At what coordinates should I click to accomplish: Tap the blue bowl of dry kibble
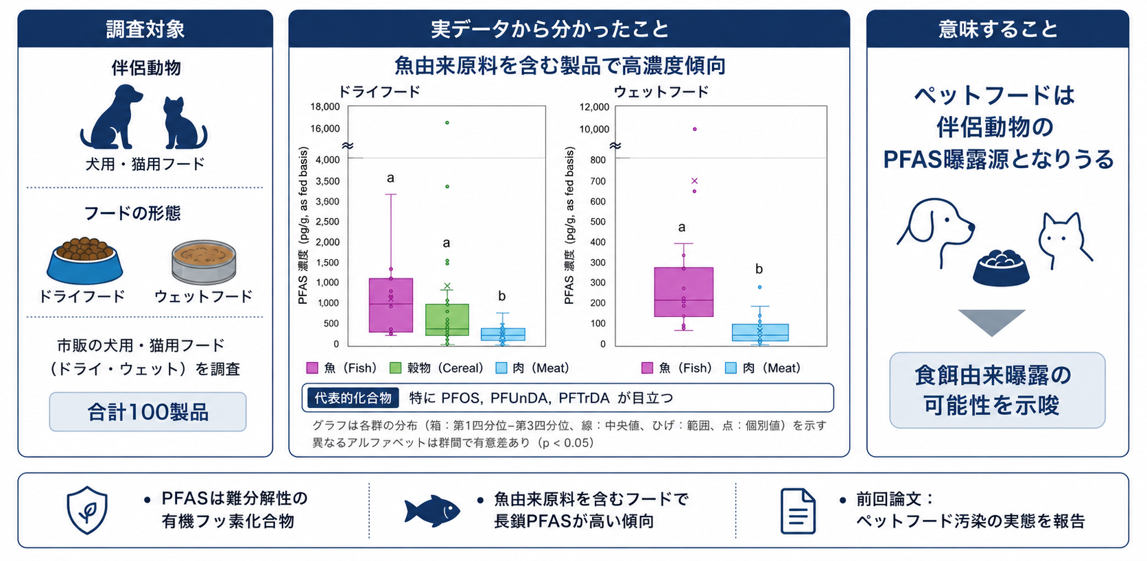pos(84,261)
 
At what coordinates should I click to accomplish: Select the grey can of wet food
pos(204,261)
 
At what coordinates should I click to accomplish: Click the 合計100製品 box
pos(147,411)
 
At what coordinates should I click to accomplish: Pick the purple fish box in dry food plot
pos(391,305)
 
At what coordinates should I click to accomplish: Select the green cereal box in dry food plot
pos(447,320)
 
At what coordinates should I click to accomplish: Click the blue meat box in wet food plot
pos(760,332)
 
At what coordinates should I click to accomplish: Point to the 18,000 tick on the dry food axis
pos(325,107)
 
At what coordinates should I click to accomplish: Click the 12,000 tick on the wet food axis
pos(594,107)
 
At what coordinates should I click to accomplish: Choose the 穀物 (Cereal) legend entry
pos(436,368)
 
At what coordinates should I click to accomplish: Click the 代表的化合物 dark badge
pos(353,398)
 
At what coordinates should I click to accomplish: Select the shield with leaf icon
pos(87,510)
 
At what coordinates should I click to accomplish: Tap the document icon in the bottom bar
pos(798,512)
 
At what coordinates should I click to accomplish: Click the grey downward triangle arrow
pos(991,320)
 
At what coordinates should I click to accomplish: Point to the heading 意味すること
pos(997,29)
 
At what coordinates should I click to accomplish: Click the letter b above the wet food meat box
pos(759,269)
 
